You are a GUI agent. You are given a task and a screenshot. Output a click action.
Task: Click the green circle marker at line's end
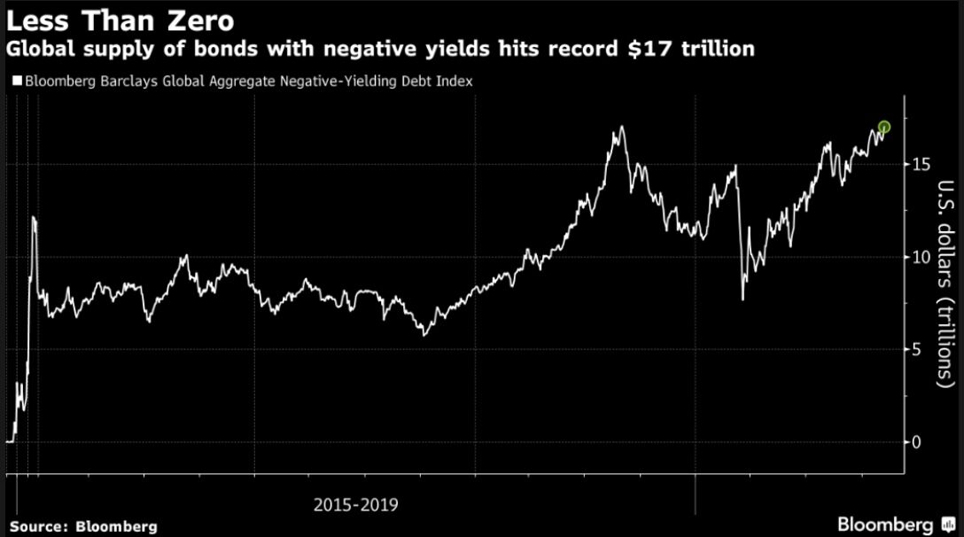883,128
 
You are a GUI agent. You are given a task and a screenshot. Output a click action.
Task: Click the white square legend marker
18,81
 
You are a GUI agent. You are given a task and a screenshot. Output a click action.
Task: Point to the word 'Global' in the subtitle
38,50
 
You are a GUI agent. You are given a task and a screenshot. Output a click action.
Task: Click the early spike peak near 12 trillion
34,217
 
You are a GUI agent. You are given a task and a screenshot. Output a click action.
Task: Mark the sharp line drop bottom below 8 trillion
742,300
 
